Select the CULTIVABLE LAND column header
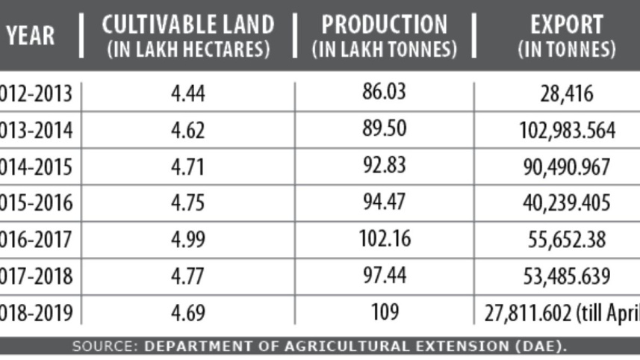tap(187, 36)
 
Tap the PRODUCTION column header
tap(385, 36)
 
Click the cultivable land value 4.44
tap(187, 94)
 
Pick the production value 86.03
tap(385, 93)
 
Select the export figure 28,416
tap(568, 94)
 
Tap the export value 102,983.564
tap(568, 130)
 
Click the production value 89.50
tap(385, 129)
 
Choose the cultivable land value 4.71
tap(187, 167)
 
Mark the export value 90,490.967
tap(568, 167)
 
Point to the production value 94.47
tap(385, 202)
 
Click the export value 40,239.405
tap(568, 203)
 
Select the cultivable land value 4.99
tap(187, 240)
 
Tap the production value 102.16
tap(385, 239)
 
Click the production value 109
tap(385, 311)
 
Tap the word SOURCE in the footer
tap(101, 347)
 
